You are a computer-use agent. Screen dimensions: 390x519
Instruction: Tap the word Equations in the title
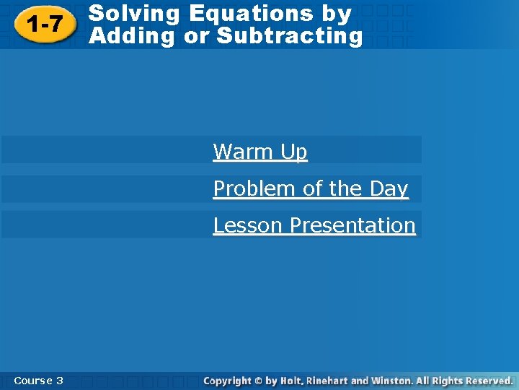point(252,14)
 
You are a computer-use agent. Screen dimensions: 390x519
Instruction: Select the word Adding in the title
point(132,36)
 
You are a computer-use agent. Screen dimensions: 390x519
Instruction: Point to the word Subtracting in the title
point(290,36)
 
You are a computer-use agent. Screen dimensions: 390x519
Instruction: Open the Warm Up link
point(260,152)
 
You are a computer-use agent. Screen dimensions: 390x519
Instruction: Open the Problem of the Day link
point(311,188)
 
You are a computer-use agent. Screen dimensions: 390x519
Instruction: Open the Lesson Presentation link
point(314,225)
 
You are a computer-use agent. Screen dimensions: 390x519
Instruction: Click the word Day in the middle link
point(389,188)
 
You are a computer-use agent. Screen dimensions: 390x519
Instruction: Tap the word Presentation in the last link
point(352,225)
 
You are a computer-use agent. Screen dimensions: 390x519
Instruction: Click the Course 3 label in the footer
point(38,381)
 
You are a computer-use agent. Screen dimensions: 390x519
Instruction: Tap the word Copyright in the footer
point(227,381)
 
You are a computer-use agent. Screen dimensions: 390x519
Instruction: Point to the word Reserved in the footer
point(489,381)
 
